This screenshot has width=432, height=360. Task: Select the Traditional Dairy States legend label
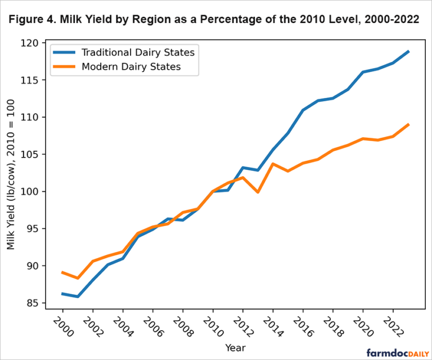tap(138, 52)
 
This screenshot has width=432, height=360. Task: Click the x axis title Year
tap(235, 348)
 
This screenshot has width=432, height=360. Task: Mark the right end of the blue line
tap(408, 51)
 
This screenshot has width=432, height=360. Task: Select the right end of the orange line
tap(408, 124)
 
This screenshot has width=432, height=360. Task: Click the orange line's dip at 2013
tap(258, 192)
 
